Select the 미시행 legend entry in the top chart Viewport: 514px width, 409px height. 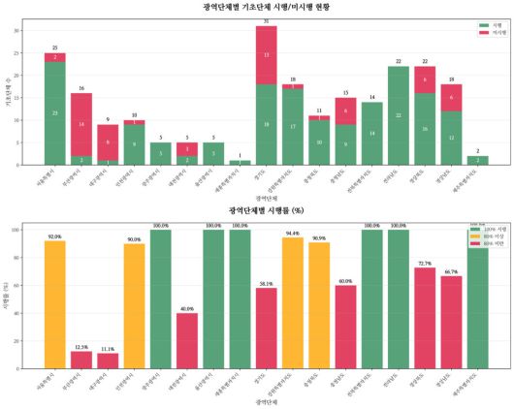coord(489,32)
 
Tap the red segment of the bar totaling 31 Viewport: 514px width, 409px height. coord(267,55)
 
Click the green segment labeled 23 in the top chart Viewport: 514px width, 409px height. coord(55,113)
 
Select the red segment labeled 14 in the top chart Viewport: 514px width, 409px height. coord(81,124)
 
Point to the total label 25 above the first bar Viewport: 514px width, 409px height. coord(55,47)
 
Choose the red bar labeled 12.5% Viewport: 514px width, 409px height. coord(81,360)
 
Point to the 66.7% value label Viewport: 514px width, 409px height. coord(451,272)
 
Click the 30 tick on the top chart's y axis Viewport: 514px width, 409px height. coord(31,31)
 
